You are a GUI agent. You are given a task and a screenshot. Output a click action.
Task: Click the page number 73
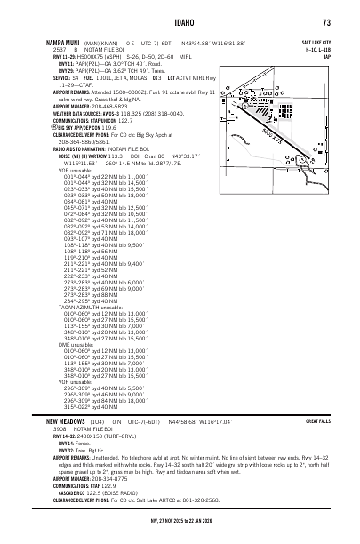pos(327,22)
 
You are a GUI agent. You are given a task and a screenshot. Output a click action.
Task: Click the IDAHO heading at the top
pos(180,22)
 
